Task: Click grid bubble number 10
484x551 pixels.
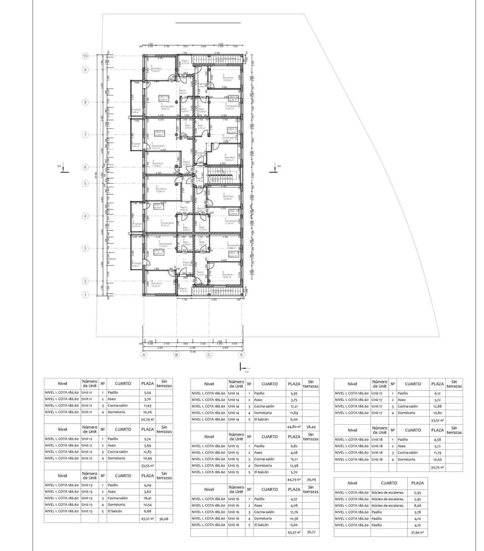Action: (85, 56)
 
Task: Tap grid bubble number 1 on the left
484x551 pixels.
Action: (85, 295)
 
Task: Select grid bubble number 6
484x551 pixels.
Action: (85, 168)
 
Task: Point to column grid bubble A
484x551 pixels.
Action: (144, 355)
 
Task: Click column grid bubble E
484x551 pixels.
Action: (242, 355)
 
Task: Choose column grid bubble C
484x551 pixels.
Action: (209, 355)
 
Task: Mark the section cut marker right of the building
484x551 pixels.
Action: (275, 168)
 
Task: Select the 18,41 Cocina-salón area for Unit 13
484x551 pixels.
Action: (147, 498)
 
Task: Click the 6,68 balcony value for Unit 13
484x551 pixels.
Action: (147, 511)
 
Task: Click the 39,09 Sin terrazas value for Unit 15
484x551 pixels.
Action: (311, 479)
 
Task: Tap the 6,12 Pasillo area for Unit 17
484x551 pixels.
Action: (437, 394)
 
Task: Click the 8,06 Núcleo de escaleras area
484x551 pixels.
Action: (417, 506)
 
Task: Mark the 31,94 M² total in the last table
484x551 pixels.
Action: (417, 533)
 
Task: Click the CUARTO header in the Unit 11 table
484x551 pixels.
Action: (123, 383)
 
